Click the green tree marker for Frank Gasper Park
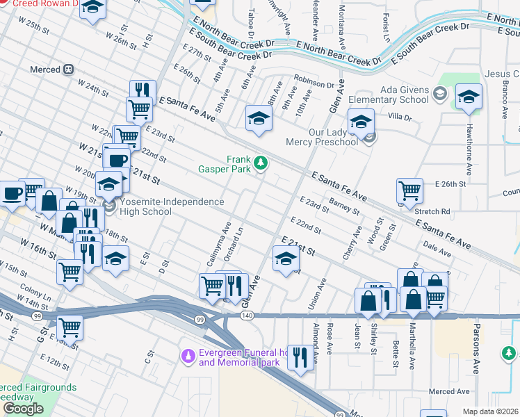pos(261,163)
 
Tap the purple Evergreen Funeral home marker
pos(186,357)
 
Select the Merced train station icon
pos(69,69)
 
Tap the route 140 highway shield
pos(247,316)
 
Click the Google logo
pos(23,408)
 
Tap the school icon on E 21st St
pos(284,260)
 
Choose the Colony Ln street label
pos(36,293)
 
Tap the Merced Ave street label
pos(449,392)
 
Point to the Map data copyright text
pos(491,411)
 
